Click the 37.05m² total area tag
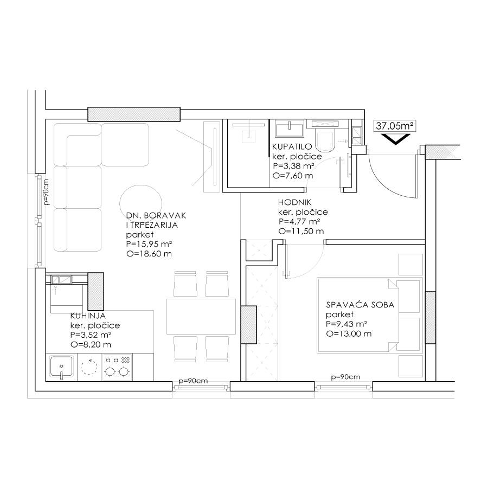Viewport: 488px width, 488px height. [x=395, y=126]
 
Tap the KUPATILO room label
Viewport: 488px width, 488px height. [x=292, y=146]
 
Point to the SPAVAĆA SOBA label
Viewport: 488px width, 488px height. [x=360, y=304]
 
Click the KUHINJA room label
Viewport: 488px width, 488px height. [x=88, y=316]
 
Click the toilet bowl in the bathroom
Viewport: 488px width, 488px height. [x=324, y=140]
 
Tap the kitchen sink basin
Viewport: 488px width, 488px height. [x=62, y=367]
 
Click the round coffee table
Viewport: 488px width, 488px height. [x=140, y=203]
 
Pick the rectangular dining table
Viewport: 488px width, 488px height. [x=201, y=316]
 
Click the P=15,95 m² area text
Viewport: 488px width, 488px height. [x=150, y=244]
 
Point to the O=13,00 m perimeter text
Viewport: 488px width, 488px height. [x=349, y=333]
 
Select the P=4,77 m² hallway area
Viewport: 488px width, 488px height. [x=300, y=222]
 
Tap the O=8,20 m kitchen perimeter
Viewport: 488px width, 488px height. [x=91, y=344]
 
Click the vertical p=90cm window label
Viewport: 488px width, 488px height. [x=47, y=192]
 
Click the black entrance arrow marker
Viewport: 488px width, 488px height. [x=395, y=139]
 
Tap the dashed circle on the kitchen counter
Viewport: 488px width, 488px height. [x=89, y=367]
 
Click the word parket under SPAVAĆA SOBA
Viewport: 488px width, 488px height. [x=340, y=314]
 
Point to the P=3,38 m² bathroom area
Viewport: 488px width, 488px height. [x=293, y=166]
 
